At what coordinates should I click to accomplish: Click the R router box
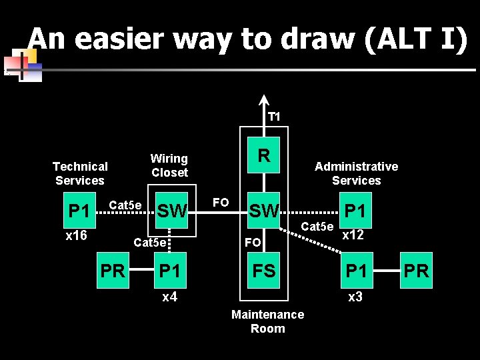264,156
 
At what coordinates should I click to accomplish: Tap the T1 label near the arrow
274,117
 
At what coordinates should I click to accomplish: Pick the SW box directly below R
264,211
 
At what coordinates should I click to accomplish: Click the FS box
264,271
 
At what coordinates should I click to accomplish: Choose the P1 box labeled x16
79,211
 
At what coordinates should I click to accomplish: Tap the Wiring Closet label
169,165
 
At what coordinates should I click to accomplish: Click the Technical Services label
80,173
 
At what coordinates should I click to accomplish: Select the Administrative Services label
356,173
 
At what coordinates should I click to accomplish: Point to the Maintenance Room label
267,321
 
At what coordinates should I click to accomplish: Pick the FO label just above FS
253,243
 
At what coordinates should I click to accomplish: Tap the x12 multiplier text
353,235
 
